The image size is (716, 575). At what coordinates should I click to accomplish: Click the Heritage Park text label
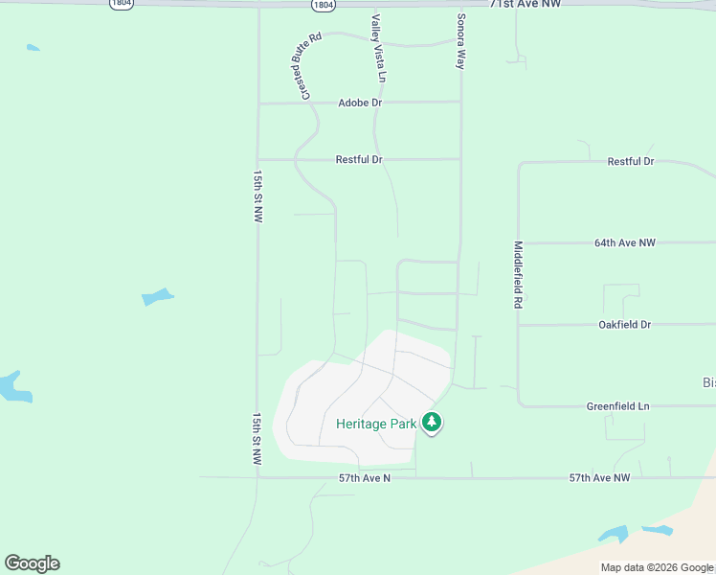click(x=375, y=424)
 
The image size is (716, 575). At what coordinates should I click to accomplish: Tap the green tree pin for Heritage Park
click(x=432, y=422)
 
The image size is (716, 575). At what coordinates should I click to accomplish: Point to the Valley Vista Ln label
click(x=378, y=48)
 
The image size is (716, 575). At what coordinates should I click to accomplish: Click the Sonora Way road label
click(x=460, y=41)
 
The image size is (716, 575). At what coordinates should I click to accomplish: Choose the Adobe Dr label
click(x=360, y=103)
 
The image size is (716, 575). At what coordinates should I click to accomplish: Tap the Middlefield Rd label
click(x=518, y=274)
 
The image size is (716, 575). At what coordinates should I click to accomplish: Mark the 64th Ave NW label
click(x=625, y=243)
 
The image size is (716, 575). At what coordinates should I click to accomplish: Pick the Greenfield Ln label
click(x=617, y=406)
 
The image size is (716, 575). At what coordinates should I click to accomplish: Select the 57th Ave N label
click(x=365, y=476)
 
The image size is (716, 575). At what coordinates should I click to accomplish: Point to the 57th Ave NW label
click(x=599, y=477)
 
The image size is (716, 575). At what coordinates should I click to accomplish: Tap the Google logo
click(x=32, y=563)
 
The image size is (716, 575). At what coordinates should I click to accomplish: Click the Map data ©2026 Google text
click(x=658, y=567)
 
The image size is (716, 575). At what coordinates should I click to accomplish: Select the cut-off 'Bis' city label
click(x=708, y=382)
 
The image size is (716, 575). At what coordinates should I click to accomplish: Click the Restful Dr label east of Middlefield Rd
click(x=631, y=162)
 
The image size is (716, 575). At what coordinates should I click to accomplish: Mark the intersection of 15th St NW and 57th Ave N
click(x=257, y=476)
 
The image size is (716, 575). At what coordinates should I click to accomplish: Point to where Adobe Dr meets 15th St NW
click(x=258, y=103)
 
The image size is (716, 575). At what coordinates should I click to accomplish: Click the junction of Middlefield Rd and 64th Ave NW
click(x=519, y=243)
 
